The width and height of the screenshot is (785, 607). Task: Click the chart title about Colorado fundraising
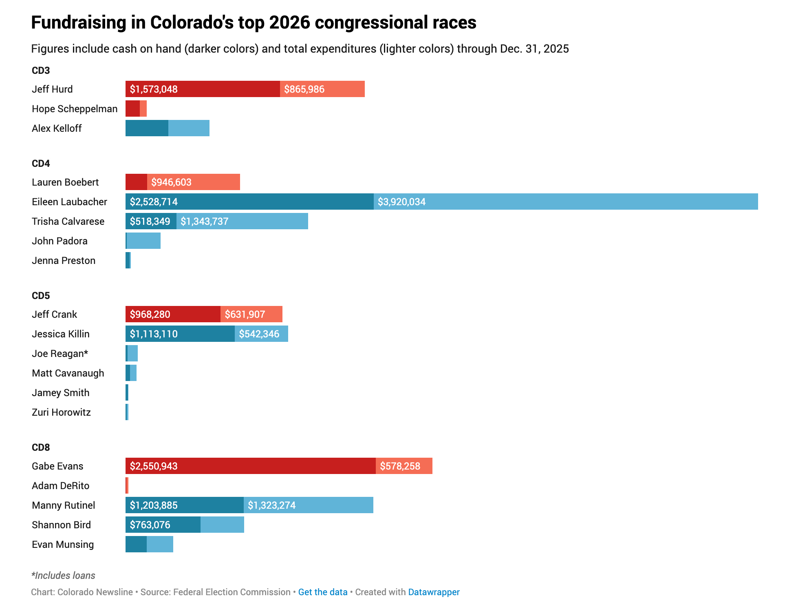(x=254, y=22)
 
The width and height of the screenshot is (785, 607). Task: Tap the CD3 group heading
(x=41, y=71)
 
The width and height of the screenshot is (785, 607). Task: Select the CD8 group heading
(x=41, y=447)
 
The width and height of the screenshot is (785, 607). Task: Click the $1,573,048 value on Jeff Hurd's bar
(x=154, y=89)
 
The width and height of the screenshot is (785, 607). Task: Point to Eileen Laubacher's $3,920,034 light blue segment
(x=565, y=202)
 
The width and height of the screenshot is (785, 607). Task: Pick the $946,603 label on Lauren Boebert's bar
(x=171, y=182)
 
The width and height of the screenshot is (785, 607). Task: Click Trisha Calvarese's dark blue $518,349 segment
(x=150, y=222)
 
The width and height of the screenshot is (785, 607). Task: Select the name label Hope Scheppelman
(x=75, y=109)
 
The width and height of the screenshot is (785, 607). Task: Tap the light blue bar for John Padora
(x=143, y=241)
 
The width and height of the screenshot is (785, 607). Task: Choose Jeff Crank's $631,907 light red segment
(x=251, y=315)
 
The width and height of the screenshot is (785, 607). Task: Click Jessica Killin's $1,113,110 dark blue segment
(x=180, y=334)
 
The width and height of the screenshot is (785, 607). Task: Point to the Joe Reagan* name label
(x=60, y=354)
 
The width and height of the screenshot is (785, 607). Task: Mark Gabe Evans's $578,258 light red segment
(x=404, y=466)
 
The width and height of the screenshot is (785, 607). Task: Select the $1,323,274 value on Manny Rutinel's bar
(x=272, y=505)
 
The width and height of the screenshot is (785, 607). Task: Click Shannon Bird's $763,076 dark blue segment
(x=163, y=525)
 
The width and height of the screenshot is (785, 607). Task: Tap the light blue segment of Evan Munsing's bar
(x=160, y=545)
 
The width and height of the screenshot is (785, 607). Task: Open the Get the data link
(x=323, y=592)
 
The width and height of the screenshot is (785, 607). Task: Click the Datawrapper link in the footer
(x=434, y=592)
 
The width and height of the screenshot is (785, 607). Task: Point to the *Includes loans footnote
(x=63, y=576)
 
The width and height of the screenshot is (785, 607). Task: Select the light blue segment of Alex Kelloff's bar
(x=189, y=128)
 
